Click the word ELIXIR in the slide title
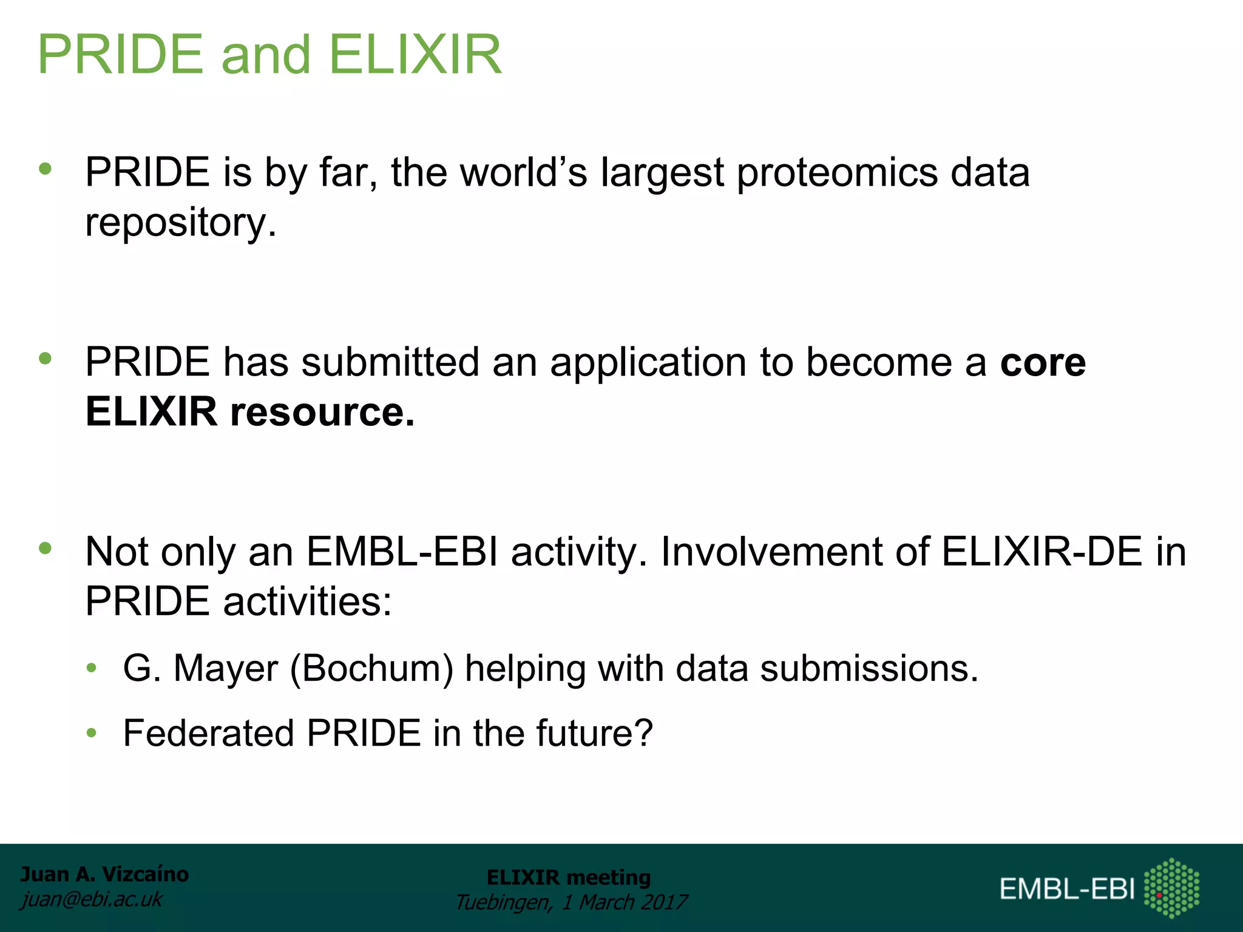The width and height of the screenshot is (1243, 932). [415, 55]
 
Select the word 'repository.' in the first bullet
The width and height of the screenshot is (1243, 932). [181, 223]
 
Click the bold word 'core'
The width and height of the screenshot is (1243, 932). [1043, 363]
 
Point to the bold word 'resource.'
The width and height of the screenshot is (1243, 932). [322, 413]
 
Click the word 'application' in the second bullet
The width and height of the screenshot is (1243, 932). [648, 363]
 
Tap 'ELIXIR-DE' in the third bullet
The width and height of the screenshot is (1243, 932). [1041, 552]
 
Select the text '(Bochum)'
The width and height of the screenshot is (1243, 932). [371, 669]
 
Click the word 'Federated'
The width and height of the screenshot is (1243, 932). [208, 733]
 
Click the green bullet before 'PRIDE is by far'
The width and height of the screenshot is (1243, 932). [46, 169]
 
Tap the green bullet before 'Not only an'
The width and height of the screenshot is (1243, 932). [46, 549]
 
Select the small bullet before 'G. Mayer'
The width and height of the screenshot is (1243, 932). [92, 669]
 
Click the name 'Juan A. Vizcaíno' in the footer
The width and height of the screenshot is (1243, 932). [104, 874]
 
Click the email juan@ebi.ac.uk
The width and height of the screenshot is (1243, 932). [92, 899]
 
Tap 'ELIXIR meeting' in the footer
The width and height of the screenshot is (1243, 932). [569, 877]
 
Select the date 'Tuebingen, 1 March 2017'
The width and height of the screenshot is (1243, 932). [571, 902]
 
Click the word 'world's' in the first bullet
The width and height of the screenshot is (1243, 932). [524, 173]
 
